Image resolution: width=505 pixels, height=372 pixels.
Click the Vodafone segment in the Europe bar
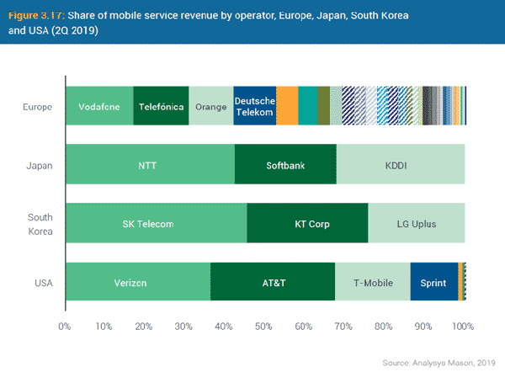coord(98,106)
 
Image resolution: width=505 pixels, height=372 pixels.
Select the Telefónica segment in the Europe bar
coord(161,106)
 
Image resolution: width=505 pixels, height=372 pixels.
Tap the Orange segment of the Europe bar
coord(210,106)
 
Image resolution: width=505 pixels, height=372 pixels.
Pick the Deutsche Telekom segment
coord(254,106)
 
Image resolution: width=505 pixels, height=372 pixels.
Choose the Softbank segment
coord(285,165)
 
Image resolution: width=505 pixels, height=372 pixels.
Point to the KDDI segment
coord(400,165)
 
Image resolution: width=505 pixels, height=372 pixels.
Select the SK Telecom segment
coord(156,224)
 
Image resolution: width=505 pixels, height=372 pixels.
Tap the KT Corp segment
coord(307,224)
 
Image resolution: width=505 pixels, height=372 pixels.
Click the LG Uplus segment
coord(416,224)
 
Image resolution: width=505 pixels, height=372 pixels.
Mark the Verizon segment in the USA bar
coord(137,282)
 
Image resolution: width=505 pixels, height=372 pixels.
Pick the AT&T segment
coord(273,282)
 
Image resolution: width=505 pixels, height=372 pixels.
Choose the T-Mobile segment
coord(372,282)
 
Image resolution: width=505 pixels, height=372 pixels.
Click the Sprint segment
coord(433,282)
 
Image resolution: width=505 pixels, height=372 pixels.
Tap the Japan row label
coord(40,165)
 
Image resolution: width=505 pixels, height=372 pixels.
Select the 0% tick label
coord(64,326)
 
